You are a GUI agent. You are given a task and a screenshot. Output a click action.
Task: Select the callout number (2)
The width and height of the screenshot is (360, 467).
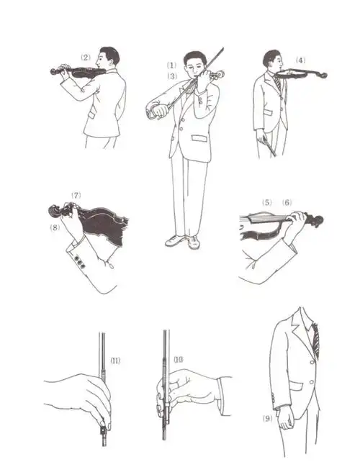pos(85,58)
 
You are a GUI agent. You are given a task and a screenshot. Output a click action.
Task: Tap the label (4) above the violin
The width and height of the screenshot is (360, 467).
pos(300,60)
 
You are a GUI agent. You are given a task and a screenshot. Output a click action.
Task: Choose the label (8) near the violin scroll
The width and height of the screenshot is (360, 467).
pos(55,229)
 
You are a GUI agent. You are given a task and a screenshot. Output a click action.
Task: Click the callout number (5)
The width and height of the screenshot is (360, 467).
pos(267,203)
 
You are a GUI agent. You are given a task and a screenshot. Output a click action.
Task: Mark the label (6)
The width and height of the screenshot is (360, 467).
pos(288,203)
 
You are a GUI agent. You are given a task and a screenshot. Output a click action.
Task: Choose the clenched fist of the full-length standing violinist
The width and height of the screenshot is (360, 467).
pos(158,112)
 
